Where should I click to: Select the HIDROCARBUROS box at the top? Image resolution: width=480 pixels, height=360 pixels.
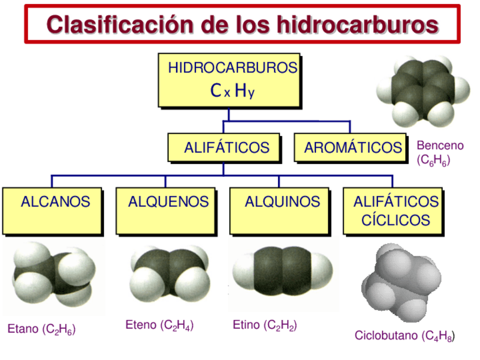(229, 80)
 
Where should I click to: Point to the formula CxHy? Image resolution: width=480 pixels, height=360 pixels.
(232, 91)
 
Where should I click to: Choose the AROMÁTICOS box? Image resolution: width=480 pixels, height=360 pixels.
(351, 148)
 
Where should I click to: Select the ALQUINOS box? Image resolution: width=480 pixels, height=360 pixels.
(280, 211)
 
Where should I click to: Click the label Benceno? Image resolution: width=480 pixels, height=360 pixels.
(440, 145)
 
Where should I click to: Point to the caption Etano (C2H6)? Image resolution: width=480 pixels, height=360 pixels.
(41, 329)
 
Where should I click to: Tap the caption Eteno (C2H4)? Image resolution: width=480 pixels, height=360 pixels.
(160, 325)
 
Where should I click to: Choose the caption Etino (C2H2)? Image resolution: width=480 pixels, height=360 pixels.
(265, 325)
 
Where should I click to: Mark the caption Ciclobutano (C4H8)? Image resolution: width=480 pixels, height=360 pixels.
(404, 336)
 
